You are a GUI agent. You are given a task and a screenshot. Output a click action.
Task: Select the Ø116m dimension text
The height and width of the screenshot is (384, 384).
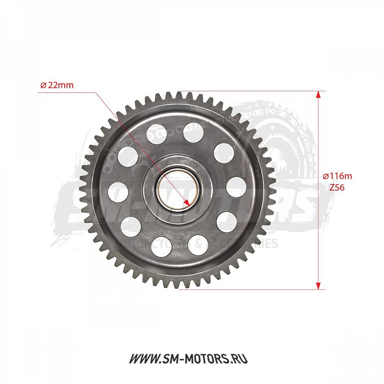pos(337,176)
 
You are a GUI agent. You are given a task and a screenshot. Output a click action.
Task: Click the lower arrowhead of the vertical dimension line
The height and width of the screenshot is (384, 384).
pos(318,285)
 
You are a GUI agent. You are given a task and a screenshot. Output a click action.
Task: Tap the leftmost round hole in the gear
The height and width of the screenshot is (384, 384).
pos(118,192)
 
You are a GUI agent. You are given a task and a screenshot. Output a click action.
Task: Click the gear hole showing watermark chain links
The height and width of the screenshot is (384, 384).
pos(156,134)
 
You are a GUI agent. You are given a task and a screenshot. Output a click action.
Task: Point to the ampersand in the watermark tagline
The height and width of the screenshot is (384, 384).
pos(199,244)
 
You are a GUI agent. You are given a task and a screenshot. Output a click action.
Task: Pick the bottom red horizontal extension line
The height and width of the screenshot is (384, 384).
pos(256,289)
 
